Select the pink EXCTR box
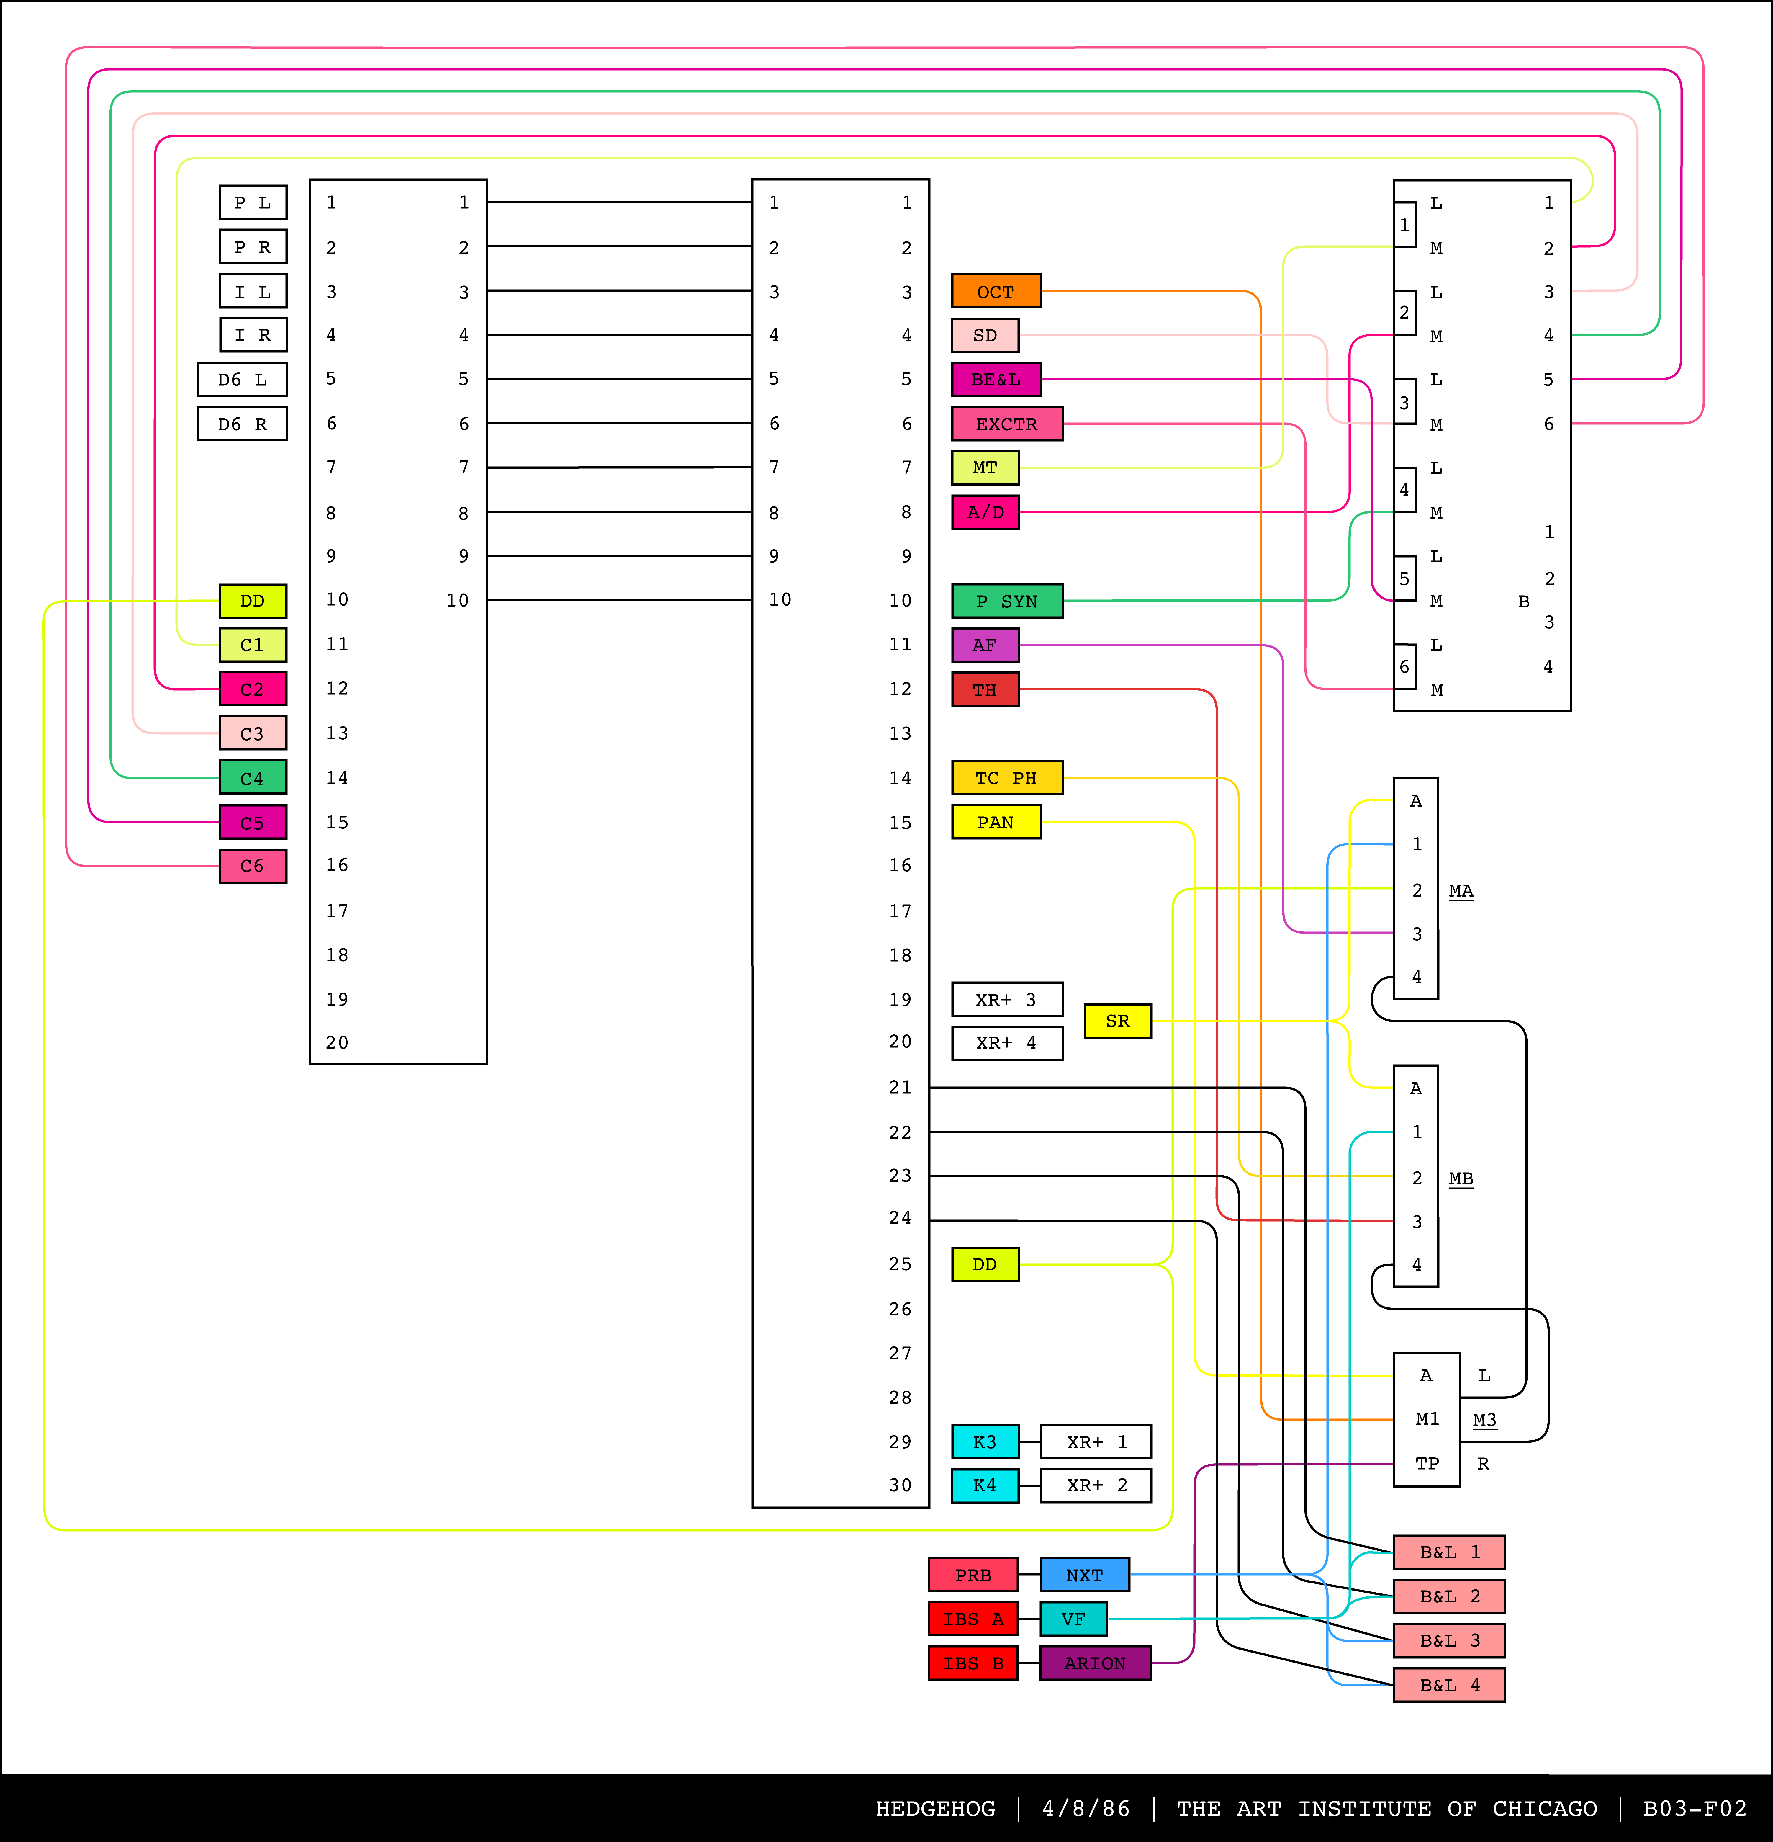[1006, 424]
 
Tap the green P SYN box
[1006, 601]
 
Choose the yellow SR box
[1117, 1021]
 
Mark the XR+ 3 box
[1006, 999]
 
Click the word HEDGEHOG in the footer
[935, 1808]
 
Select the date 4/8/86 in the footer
[1085, 1808]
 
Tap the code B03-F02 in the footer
[1694, 1808]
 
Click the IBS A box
[973, 1618]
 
